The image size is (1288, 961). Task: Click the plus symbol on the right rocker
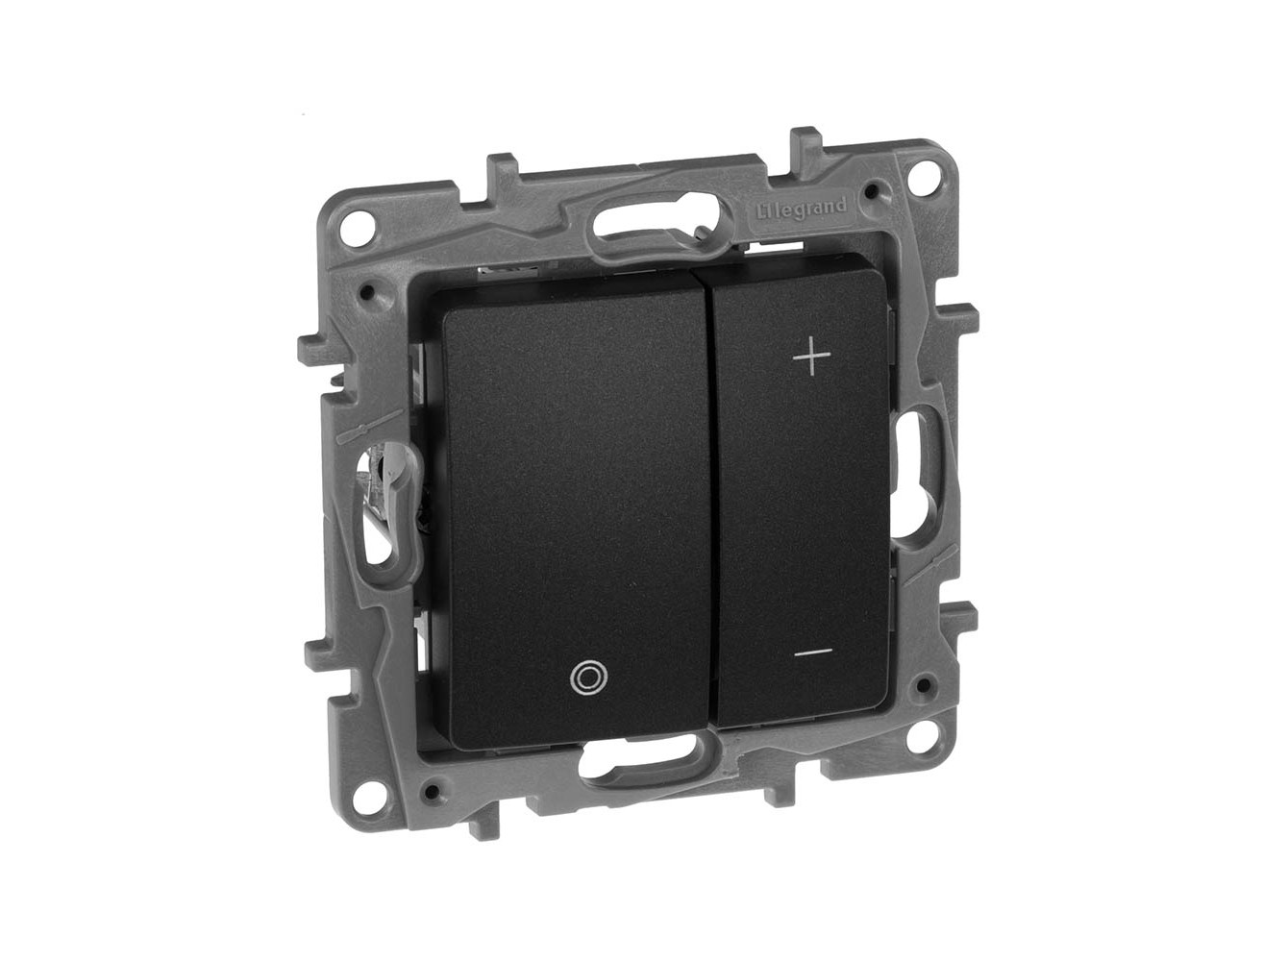point(812,357)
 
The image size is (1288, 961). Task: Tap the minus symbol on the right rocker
point(814,651)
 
